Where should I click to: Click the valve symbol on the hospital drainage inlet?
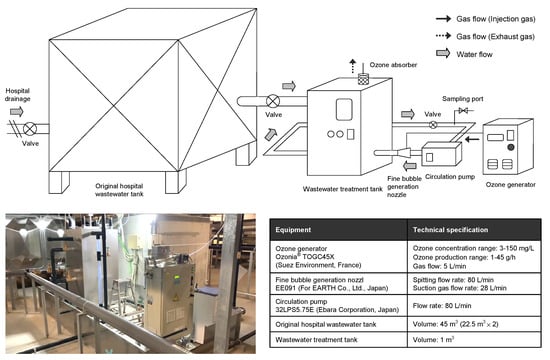click(x=30, y=129)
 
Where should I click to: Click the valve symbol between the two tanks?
click(x=273, y=101)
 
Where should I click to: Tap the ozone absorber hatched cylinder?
click(x=363, y=79)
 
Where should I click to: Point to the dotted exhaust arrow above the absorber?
click(x=353, y=66)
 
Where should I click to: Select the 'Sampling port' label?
click(x=462, y=99)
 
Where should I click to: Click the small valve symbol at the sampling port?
click(x=463, y=111)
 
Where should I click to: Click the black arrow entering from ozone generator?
click(x=472, y=139)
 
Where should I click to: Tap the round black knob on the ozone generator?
click(x=511, y=147)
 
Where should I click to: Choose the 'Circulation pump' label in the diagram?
click(x=450, y=176)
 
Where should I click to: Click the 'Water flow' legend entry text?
click(x=474, y=54)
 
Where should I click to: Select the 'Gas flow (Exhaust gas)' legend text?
click(x=495, y=36)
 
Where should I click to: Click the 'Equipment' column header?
click(x=293, y=230)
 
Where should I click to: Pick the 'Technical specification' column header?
click(x=450, y=230)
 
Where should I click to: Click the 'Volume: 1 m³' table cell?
click(x=433, y=339)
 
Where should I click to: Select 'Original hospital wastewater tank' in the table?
click(x=326, y=325)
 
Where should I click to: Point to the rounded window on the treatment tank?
click(x=344, y=109)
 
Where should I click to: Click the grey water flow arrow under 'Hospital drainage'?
click(x=16, y=112)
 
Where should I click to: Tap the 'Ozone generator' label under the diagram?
click(x=510, y=185)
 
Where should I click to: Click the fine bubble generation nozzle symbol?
click(x=403, y=153)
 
